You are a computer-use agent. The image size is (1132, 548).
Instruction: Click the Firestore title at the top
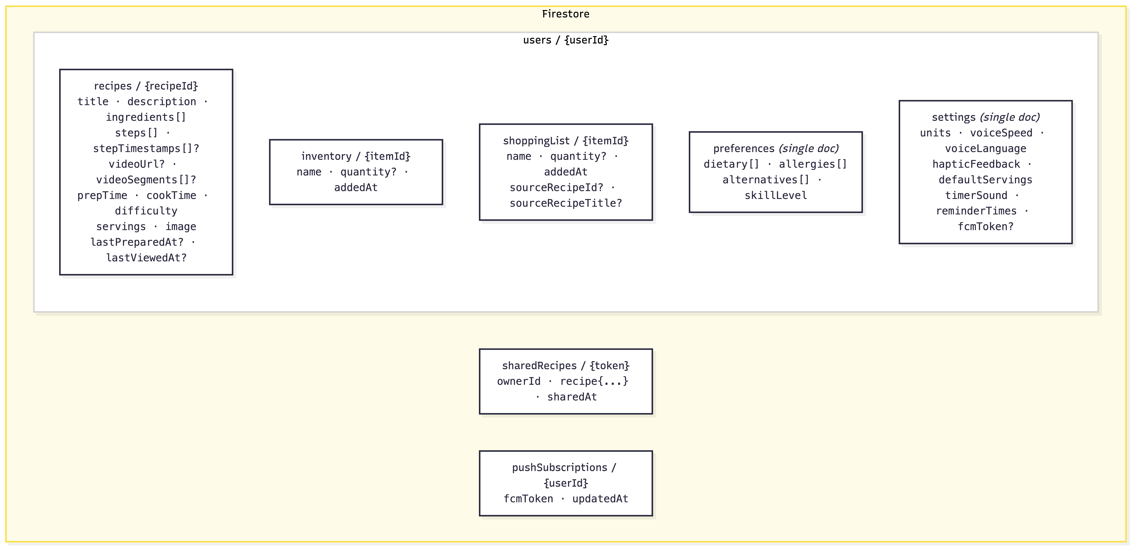point(566,14)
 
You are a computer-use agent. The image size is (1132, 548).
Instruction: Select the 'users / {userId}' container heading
point(566,40)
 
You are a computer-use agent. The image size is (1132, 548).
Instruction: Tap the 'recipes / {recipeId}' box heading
point(146,86)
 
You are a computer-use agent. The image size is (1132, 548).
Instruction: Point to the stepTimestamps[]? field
point(146,148)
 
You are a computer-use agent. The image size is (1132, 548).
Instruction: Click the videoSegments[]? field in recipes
point(146,180)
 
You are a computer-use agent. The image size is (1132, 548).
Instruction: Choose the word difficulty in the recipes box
point(146,211)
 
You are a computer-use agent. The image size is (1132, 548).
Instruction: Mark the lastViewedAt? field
point(146,258)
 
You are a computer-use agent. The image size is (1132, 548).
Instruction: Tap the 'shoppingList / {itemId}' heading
point(566,141)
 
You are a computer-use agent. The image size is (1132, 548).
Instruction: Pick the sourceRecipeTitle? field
point(566,203)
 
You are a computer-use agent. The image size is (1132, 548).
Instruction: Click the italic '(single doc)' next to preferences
point(809,148)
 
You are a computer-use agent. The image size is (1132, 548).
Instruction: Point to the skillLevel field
point(776,196)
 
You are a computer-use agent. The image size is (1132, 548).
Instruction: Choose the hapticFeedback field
point(976,164)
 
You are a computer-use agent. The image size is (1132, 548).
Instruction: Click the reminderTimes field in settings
point(976,211)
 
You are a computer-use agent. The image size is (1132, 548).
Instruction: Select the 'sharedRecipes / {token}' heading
point(566,366)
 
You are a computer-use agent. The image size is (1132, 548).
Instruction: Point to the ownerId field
point(519,382)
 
